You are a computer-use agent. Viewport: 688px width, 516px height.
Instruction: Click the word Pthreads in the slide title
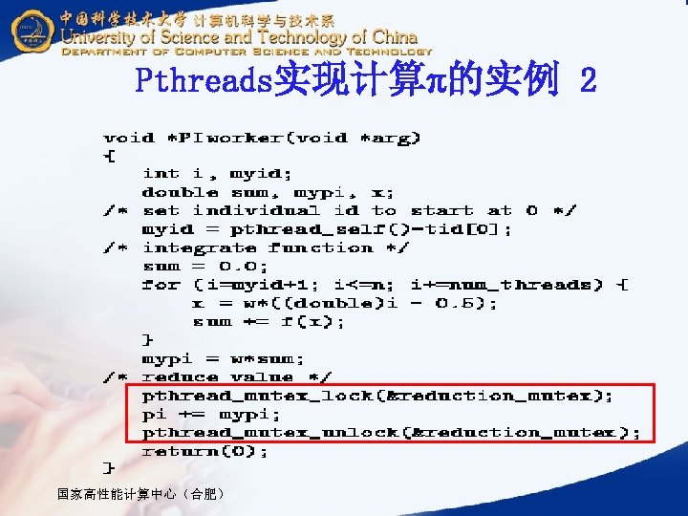pyautogui.click(x=204, y=82)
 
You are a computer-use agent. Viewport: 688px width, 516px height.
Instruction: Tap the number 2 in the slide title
pyautogui.click(x=587, y=82)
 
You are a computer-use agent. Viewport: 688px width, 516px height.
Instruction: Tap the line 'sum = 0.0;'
pyautogui.click(x=205, y=266)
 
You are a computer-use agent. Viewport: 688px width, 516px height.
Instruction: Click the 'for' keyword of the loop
pyautogui.click(x=161, y=285)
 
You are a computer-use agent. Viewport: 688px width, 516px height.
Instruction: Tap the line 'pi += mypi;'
pyautogui.click(x=211, y=414)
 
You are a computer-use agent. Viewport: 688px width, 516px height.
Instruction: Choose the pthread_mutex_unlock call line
pyautogui.click(x=391, y=432)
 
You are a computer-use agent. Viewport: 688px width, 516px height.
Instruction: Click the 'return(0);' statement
pyautogui.click(x=205, y=450)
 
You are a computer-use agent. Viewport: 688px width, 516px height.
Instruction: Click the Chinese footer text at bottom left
pyautogui.click(x=140, y=494)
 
